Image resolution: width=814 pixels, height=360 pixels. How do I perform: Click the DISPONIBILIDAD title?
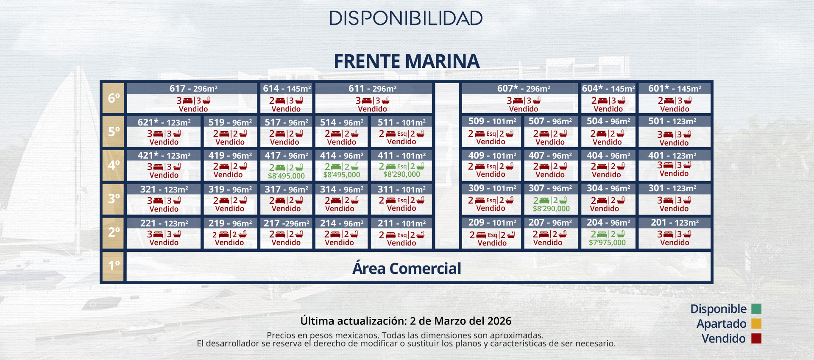[x=406, y=18]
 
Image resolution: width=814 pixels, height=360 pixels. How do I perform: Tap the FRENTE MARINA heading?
[x=406, y=61]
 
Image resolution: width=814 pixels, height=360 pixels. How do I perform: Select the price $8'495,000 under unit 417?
[x=286, y=176]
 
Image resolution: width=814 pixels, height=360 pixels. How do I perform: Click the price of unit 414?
[x=341, y=175]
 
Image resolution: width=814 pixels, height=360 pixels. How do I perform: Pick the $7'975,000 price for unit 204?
[x=607, y=243]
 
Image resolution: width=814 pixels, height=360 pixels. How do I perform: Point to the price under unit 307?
[x=551, y=209]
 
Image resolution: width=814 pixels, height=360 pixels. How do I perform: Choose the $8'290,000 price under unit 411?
[x=401, y=174]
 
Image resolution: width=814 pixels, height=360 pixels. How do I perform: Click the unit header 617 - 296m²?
[x=193, y=89]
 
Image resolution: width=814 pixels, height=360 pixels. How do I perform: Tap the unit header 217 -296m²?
[x=286, y=223]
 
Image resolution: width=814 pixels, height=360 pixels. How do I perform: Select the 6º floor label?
[x=113, y=98]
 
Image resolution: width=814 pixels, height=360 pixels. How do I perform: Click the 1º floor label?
[x=113, y=266]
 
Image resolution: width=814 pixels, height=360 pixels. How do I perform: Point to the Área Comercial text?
[x=406, y=268]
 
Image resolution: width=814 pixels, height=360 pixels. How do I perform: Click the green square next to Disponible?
[x=756, y=309]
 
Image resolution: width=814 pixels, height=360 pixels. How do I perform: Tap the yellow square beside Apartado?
[x=756, y=324]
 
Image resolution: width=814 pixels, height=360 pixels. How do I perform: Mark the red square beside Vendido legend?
[x=756, y=338]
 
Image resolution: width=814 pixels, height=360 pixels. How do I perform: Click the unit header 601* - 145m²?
[x=674, y=89]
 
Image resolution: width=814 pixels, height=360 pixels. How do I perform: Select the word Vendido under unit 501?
[x=674, y=143]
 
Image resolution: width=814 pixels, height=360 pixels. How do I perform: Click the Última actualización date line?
[x=406, y=321]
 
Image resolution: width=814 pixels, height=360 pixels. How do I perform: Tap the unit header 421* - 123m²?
[x=164, y=156]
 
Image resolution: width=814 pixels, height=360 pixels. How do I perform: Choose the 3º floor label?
[x=113, y=198]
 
